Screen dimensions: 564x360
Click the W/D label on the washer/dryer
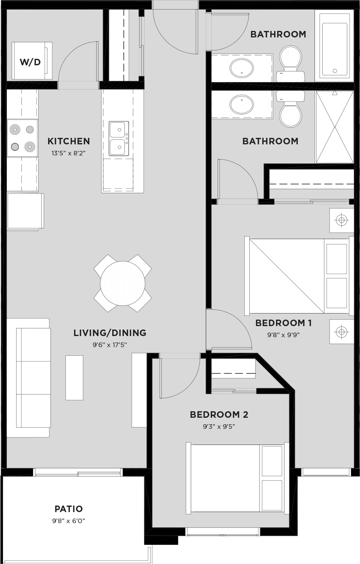[x=30, y=61]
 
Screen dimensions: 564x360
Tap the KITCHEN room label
[x=69, y=141]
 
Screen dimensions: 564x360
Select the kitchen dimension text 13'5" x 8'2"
[x=69, y=153]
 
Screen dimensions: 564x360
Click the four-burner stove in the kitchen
[x=23, y=138]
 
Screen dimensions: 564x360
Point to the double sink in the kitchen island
[x=118, y=138]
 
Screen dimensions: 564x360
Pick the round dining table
[x=123, y=283]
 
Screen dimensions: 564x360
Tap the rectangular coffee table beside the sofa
[x=74, y=377]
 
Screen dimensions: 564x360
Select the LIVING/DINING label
[x=110, y=333]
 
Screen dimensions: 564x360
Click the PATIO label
[x=69, y=509]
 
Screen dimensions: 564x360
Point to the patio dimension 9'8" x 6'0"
[x=69, y=520]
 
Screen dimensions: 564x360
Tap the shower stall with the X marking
[x=335, y=127]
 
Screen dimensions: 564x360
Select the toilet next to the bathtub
[x=291, y=61]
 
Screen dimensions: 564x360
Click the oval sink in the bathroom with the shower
[x=242, y=105]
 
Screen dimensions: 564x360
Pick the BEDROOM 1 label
[x=283, y=323]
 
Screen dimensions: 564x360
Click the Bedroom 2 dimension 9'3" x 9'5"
[x=219, y=426]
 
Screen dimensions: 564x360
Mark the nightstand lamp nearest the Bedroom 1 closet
[x=342, y=220]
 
